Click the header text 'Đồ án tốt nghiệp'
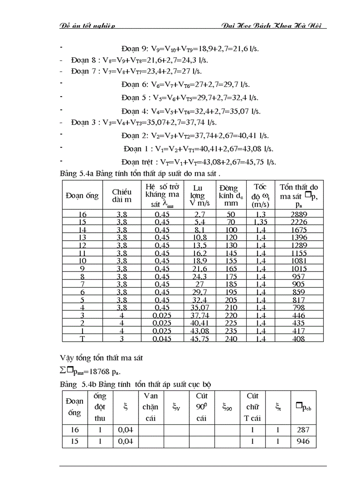click(87, 26)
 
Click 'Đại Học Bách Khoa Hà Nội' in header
click(273, 26)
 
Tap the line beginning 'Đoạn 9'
click(189, 49)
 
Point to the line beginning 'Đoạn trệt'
click(199, 162)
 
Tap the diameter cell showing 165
click(230, 268)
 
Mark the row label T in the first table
click(82, 339)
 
